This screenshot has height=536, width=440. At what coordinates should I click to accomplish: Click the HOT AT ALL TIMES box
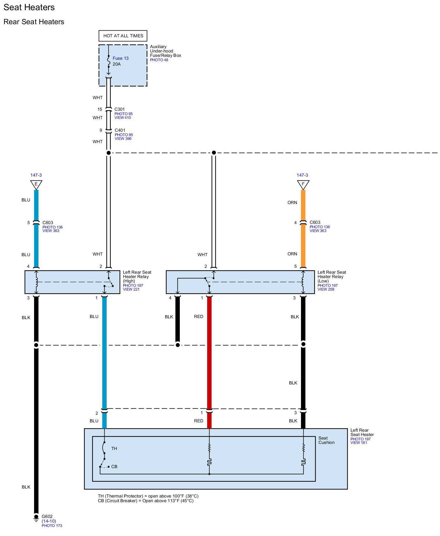click(x=123, y=36)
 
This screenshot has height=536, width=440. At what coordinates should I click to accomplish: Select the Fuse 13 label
click(x=120, y=58)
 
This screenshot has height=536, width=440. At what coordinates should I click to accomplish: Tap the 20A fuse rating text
click(x=117, y=64)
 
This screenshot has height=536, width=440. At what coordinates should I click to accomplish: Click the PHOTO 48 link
click(x=159, y=60)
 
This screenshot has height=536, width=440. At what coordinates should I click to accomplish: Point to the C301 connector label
click(x=119, y=109)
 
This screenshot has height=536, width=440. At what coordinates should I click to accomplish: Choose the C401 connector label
click(x=120, y=130)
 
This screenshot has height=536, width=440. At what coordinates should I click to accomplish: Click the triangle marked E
click(x=36, y=184)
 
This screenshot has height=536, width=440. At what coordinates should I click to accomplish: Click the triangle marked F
click(x=303, y=184)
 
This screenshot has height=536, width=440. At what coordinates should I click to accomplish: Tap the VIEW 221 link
click(x=131, y=289)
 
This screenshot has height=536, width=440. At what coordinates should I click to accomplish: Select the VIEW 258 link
click(x=326, y=289)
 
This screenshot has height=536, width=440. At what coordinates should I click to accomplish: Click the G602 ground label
click(x=47, y=516)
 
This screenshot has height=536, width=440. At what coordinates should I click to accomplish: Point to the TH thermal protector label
click(x=114, y=449)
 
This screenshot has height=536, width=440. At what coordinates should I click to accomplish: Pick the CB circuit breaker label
click(x=114, y=467)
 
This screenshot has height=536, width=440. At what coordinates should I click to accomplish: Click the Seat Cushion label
click(x=326, y=440)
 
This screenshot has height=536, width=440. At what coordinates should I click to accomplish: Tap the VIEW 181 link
click(x=359, y=443)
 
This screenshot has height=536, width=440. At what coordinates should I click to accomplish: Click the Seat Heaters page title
click(x=29, y=7)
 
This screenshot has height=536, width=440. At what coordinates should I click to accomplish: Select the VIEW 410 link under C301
click(x=123, y=118)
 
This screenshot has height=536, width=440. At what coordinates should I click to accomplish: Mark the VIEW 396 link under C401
click(x=123, y=139)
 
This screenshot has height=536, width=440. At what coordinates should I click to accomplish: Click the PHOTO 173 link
click(x=52, y=526)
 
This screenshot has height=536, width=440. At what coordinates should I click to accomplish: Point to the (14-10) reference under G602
click(x=49, y=521)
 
